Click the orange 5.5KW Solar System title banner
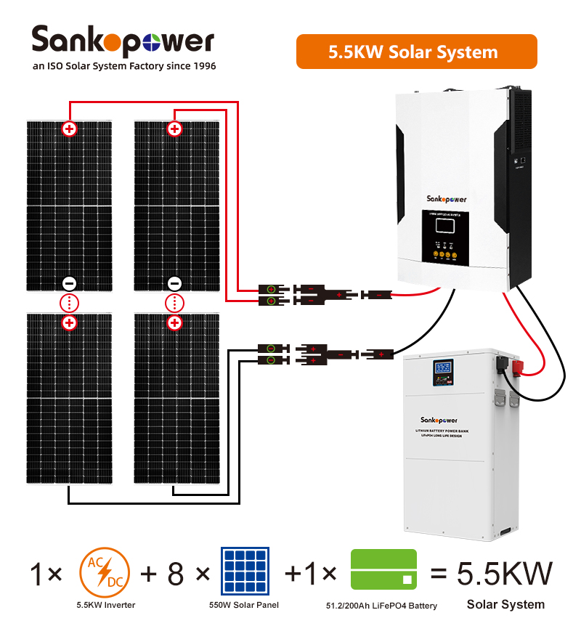(x=416, y=52)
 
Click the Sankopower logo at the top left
(x=123, y=41)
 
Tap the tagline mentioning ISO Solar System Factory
(x=124, y=66)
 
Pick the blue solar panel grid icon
(x=245, y=571)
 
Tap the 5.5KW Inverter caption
(x=105, y=605)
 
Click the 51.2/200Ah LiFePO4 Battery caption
(x=382, y=605)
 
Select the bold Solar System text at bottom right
(x=505, y=604)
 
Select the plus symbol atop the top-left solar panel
(x=70, y=129)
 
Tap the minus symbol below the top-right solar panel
(x=174, y=283)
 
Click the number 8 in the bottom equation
(x=176, y=574)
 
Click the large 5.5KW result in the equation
(x=505, y=574)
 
